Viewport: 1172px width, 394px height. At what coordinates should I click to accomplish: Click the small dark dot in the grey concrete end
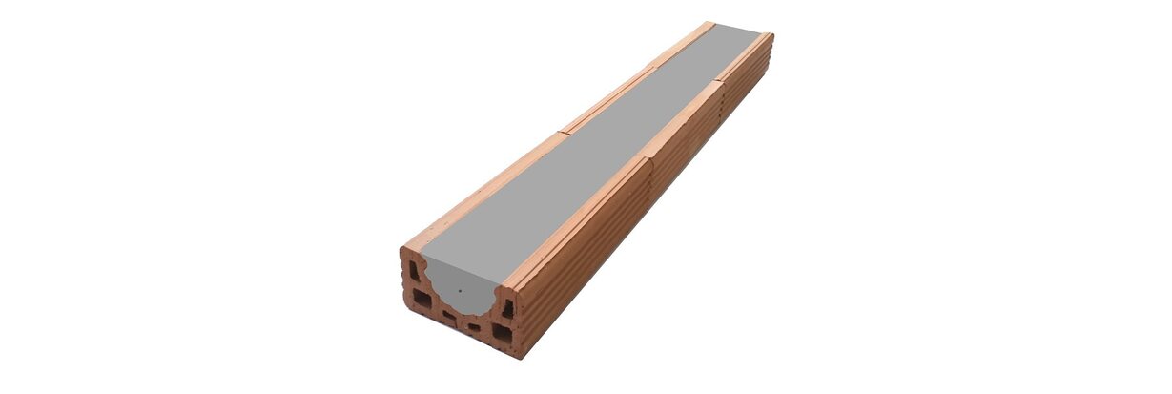(458, 289)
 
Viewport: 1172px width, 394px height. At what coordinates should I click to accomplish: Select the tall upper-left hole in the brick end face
(414, 271)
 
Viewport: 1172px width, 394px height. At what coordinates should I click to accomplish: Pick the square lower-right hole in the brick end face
(502, 333)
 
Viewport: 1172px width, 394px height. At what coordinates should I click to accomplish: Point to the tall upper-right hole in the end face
(507, 308)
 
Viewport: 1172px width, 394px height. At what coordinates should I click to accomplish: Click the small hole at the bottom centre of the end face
(474, 328)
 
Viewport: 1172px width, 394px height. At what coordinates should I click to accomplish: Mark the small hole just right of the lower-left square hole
(447, 313)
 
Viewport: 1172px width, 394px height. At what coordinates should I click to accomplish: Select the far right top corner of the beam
(772, 34)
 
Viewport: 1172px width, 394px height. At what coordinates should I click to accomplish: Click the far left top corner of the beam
(709, 22)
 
